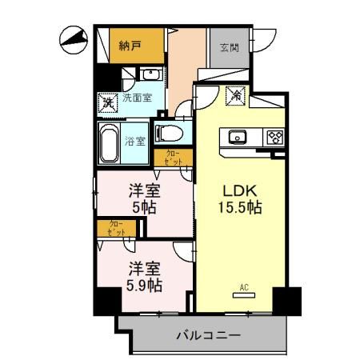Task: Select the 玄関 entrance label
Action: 230,47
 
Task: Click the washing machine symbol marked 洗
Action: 106,102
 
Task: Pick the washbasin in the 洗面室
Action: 150,75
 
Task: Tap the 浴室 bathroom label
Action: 135,142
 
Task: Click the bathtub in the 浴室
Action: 110,142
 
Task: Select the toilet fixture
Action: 169,133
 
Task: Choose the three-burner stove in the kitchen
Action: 274,137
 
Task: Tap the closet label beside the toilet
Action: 173,157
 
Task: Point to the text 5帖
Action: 144,207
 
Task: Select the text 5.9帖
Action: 144,284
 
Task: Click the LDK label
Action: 238,192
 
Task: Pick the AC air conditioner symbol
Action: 241,291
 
